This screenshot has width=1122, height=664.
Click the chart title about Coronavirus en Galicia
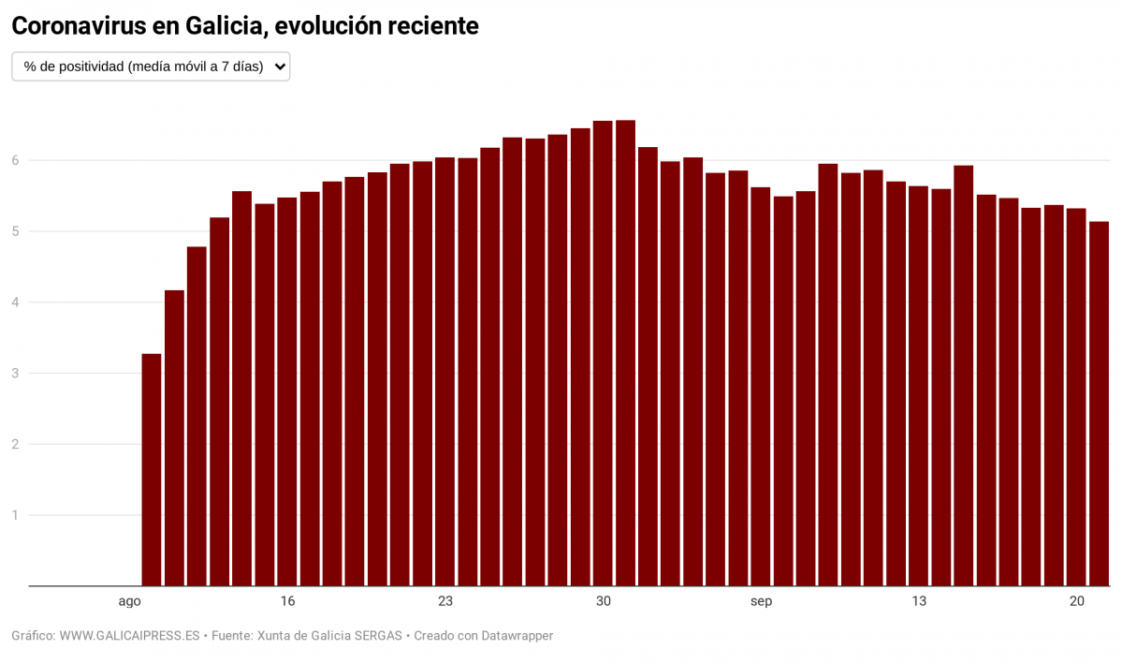pyautogui.click(x=245, y=26)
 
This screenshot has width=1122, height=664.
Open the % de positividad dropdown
pyautogui.click(x=150, y=66)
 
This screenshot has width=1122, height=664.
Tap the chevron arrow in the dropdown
pyautogui.click(x=279, y=66)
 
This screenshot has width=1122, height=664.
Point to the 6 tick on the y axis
pyautogui.click(x=15, y=160)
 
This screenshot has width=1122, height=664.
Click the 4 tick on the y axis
pyautogui.click(x=15, y=302)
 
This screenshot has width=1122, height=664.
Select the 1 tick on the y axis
pyautogui.click(x=15, y=515)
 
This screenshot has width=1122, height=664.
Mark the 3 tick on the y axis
pyautogui.click(x=15, y=374)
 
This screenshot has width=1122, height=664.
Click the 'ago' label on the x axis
pyautogui.click(x=129, y=601)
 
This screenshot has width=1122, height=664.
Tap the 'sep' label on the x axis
pyautogui.click(x=761, y=601)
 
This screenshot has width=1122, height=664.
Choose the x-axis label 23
pyautogui.click(x=444, y=601)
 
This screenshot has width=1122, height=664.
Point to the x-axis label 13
pyautogui.click(x=918, y=601)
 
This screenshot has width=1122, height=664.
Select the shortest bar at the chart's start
pyautogui.click(x=152, y=469)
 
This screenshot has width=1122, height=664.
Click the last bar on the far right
pyautogui.click(x=1099, y=404)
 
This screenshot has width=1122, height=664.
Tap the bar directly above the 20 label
pyautogui.click(x=1076, y=397)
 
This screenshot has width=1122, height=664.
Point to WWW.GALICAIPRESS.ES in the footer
pyautogui.click(x=130, y=636)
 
